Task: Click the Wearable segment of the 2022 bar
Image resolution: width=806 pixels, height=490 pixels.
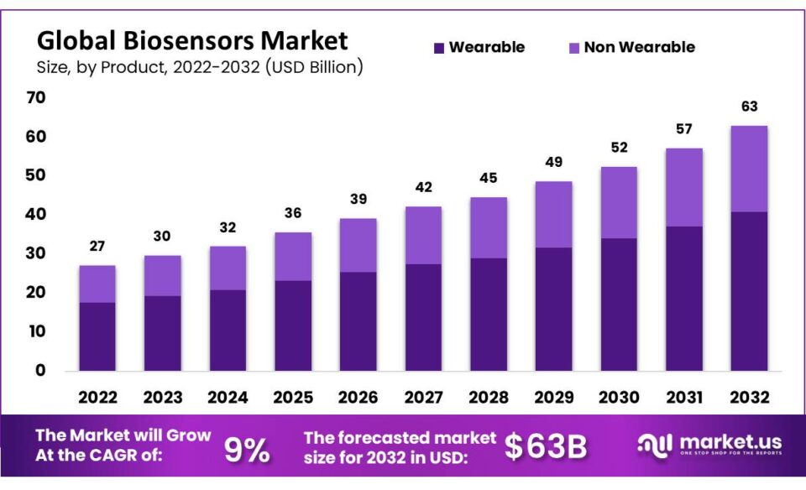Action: (x=97, y=336)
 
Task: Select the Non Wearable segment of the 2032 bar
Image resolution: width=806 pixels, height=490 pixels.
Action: (x=749, y=169)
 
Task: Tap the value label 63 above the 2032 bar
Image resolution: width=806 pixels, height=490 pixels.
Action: (x=749, y=107)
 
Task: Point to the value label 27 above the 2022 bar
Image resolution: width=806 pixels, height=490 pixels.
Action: (x=97, y=246)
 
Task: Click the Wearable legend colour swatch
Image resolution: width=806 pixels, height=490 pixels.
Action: (x=439, y=48)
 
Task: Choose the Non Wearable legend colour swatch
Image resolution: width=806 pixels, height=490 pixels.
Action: (x=574, y=48)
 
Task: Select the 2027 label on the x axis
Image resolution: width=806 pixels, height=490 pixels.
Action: (x=423, y=396)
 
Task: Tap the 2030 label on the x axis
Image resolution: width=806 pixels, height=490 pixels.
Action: (x=619, y=396)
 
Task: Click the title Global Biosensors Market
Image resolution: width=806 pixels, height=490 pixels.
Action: (x=192, y=39)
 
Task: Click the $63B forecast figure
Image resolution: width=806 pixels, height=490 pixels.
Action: (x=546, y=448)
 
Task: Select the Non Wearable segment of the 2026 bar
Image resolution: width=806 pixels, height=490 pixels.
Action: (x=358, y=245)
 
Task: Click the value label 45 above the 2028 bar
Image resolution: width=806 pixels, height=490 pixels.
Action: (x=488, y=178)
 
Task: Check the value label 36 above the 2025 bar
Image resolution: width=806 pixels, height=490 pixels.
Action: (x=293, y=213)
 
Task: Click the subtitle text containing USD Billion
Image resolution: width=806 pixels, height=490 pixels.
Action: (x=200, y=67)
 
